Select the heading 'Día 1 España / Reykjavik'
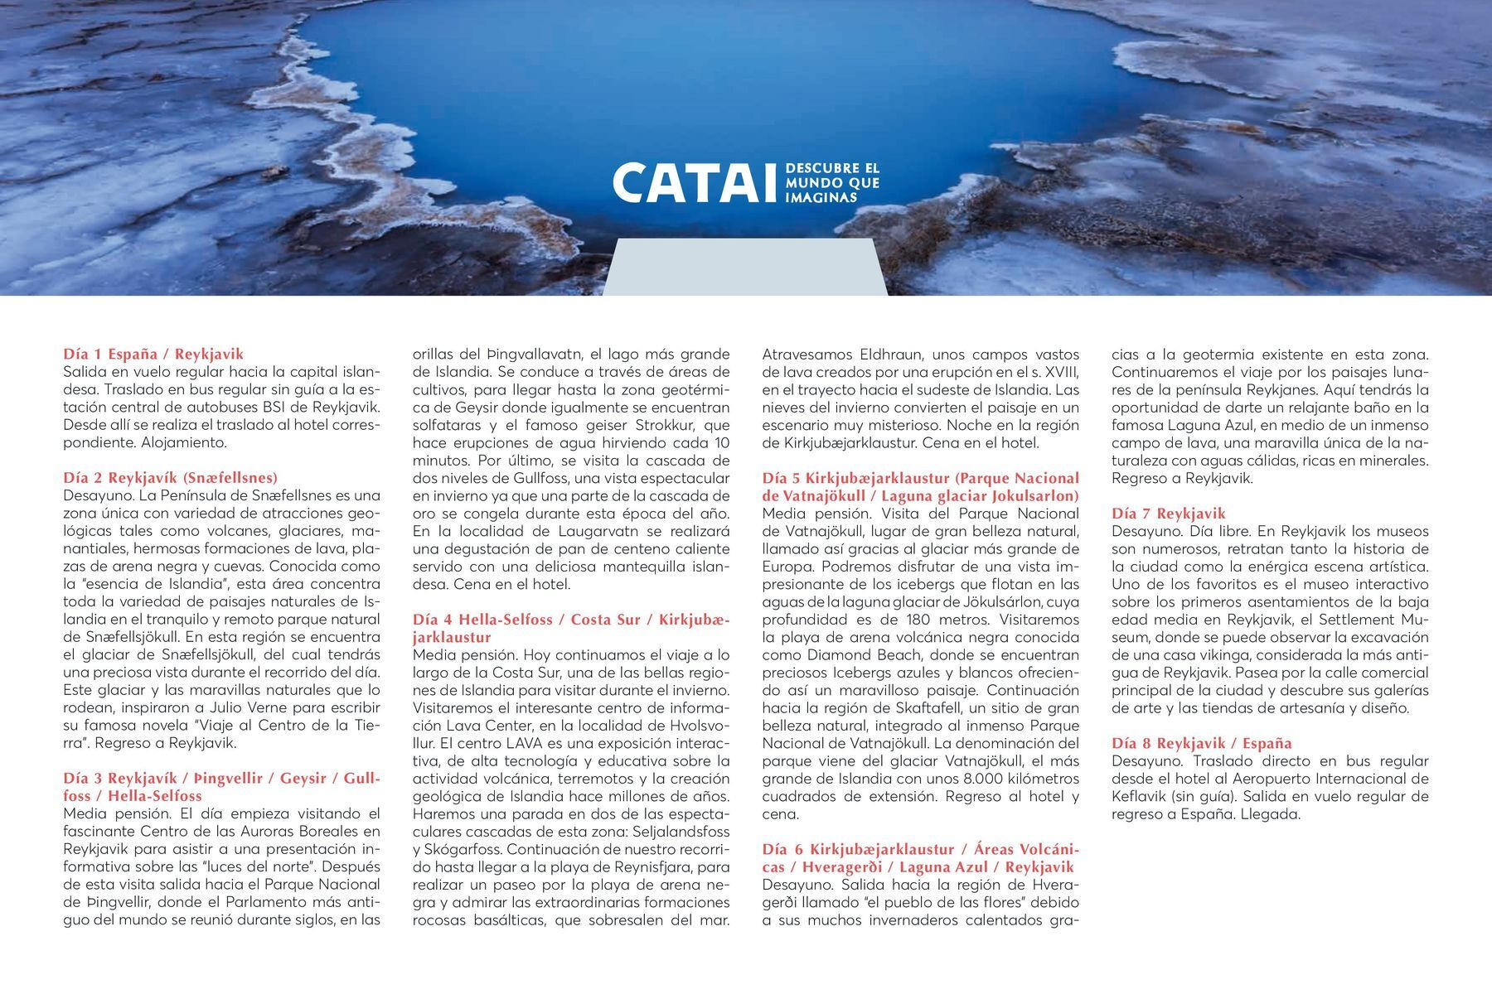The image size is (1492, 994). pyautogui.click(x=153, y=355)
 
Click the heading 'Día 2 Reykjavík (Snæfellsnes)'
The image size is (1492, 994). pyautogui.click(x=170, y=478)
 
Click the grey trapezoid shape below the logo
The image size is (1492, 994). pyautogui.click(x=744, y=267)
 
